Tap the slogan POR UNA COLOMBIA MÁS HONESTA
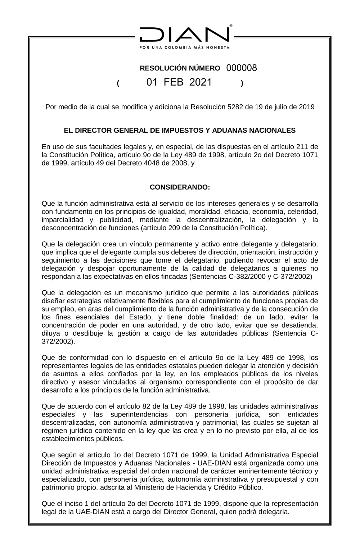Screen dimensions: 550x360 point(184,47)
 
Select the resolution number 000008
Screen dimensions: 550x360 point(242,68)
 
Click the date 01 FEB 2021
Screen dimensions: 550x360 point(179,82)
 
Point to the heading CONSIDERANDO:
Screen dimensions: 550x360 point(180,187)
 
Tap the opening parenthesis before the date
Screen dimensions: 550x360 point(118,83)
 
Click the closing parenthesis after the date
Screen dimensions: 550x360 point(242,83)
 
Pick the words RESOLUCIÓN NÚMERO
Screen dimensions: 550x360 point(180,68)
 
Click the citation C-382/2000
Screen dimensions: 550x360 point(259,277)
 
